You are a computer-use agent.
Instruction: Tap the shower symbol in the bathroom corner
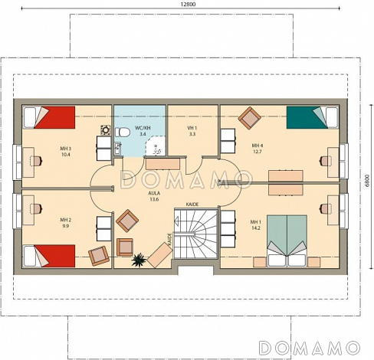point(155,146)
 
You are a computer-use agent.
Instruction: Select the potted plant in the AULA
point(138,260)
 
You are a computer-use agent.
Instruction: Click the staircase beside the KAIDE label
point(195,234)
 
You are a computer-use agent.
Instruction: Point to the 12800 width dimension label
point(189,5)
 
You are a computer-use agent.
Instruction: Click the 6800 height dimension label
point(367,181)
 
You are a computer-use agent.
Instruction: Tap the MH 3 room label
point(65,149)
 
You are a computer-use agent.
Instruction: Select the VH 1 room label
point(192,128)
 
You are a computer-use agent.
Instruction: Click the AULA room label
point(154,193)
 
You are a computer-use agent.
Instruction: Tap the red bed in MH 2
point(49,256)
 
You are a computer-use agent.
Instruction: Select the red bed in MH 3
point(49,117)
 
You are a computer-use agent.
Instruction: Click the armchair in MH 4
point(250,118)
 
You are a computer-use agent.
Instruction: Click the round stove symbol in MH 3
point(105,130)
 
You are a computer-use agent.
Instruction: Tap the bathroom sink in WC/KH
point(117,149)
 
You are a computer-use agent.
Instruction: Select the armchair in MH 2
point(99,256)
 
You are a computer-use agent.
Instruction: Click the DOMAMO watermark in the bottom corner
point(309,348)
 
